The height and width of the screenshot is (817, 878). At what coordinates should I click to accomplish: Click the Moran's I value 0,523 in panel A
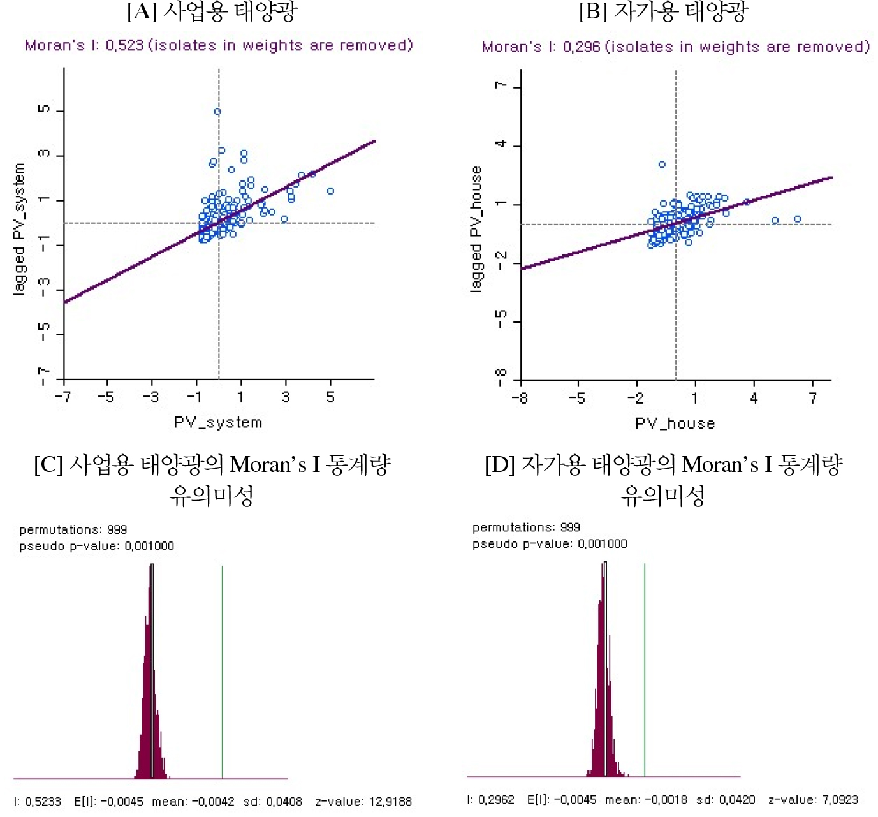125,45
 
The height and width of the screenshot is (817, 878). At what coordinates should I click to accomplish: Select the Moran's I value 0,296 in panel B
582,47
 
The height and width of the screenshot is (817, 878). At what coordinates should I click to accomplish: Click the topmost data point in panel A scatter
217,112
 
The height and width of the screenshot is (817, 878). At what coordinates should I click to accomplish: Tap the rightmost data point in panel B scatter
797,219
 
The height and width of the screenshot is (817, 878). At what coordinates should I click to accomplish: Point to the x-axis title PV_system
218,422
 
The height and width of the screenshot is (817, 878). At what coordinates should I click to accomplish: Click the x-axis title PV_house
675,423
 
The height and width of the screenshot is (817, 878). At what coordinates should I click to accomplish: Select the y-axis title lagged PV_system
20,229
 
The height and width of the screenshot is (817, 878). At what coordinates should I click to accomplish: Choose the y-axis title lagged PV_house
476,230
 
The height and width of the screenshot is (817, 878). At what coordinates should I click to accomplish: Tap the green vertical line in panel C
222,670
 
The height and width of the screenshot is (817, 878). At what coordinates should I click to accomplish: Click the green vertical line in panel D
645,670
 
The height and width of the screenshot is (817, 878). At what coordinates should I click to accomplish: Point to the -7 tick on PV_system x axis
62,397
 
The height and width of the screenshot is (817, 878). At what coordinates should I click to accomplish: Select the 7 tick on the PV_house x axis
813,398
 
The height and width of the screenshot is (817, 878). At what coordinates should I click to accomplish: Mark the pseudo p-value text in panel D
550,543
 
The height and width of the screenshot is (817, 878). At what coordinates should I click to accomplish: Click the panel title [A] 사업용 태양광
212,11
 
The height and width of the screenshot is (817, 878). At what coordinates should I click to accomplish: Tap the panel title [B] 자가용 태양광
664,11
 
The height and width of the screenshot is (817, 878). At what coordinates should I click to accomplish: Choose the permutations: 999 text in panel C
73,529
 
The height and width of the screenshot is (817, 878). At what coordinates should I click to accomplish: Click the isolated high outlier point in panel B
662,165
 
